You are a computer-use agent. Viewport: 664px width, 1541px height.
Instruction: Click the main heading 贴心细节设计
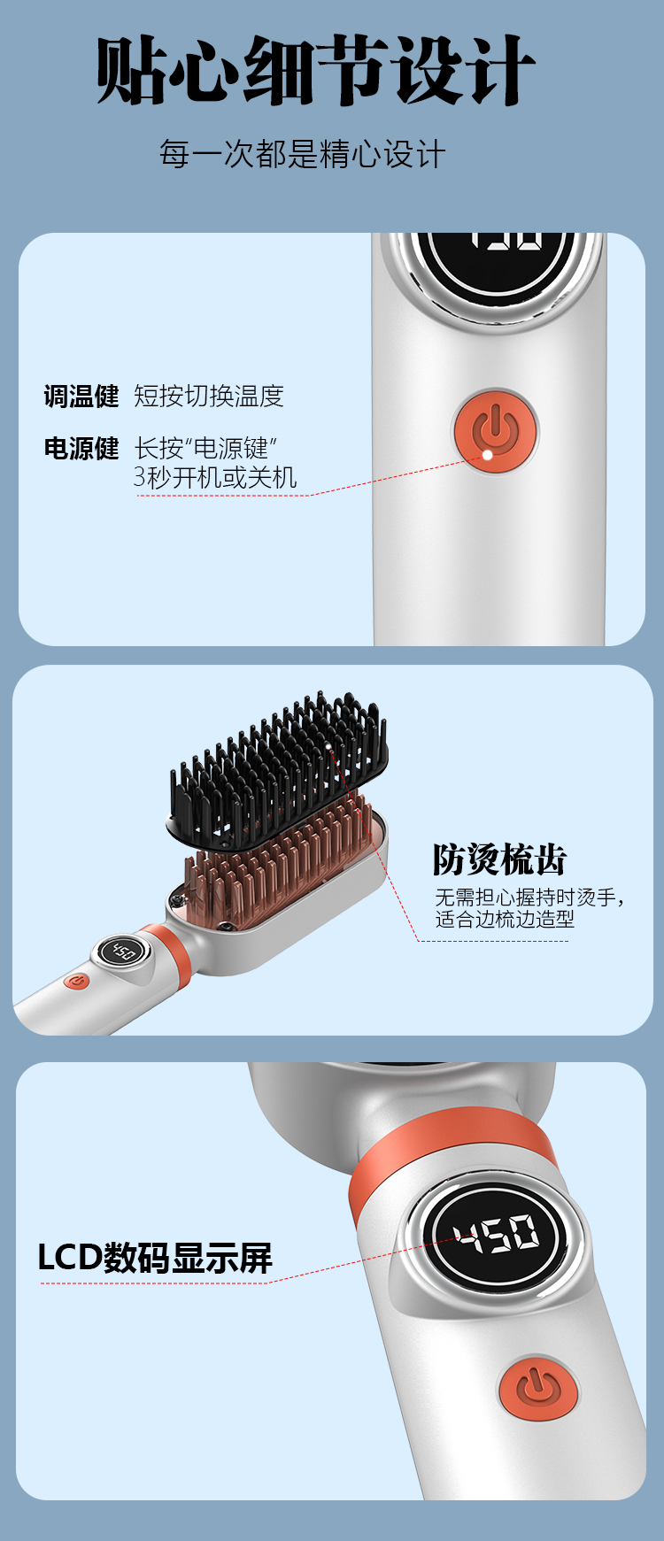tap(315, 71)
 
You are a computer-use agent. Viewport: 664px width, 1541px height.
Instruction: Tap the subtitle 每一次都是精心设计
tap(302, 154)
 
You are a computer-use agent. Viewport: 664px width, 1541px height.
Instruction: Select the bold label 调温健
tap(81, 396)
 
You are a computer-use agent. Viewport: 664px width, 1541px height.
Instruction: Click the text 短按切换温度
tap(209, 396)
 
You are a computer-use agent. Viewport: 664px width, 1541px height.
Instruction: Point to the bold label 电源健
tap(81, 449)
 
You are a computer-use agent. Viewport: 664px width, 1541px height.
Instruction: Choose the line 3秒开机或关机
tap(215, 477)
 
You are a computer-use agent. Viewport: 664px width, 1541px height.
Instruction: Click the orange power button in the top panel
tap(496, 431)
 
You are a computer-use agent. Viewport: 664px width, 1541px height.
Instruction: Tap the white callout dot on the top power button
tap(487, 455)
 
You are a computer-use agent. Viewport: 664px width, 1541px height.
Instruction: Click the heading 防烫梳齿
tap(499, 859)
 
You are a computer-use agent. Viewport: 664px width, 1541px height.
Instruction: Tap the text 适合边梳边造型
tap(505, 920)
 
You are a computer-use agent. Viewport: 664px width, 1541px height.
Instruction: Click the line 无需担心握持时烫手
tap(529, 898)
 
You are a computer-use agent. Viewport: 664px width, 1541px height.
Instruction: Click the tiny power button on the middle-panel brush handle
tap(77, 981)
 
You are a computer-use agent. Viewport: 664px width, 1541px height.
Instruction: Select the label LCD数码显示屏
tap(155, 1257)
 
